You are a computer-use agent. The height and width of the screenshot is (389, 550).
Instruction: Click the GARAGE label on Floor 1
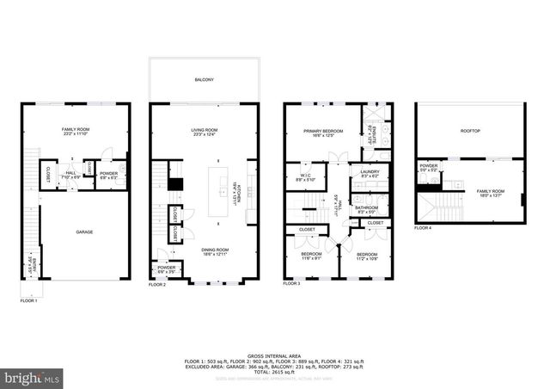(x=84, y=232)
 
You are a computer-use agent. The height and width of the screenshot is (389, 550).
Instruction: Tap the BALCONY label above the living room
(x=204, y=79)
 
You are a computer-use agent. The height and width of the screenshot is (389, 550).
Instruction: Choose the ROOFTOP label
(x=470, y=131)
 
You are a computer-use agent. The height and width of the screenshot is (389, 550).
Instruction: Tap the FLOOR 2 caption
(x=156, y=284)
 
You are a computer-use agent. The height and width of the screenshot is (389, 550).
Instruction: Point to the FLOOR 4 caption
(x=423, y=228)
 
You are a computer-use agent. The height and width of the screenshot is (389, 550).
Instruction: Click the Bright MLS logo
(x=32, y=377)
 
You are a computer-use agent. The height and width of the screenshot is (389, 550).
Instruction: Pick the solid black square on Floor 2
(x=174, y=182)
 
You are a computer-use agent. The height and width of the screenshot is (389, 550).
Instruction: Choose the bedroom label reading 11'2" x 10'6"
(x=367, y=256)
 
